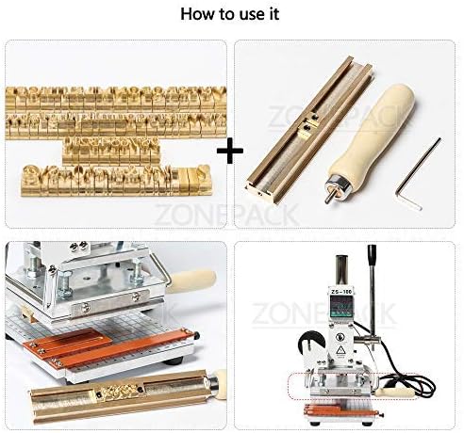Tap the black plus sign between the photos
tap(231, 151)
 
